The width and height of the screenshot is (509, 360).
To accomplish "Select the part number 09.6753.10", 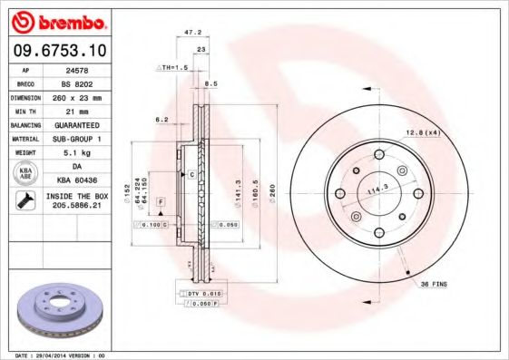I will (x=57, y=51).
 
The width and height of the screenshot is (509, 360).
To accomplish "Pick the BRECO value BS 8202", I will (x=77, y=82).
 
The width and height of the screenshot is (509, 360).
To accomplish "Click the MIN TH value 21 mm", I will (x=78, y=110).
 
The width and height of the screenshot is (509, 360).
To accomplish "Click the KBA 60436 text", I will (x=78, y=180).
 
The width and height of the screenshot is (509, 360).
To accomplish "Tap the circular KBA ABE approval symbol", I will (x=26, y=173).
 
